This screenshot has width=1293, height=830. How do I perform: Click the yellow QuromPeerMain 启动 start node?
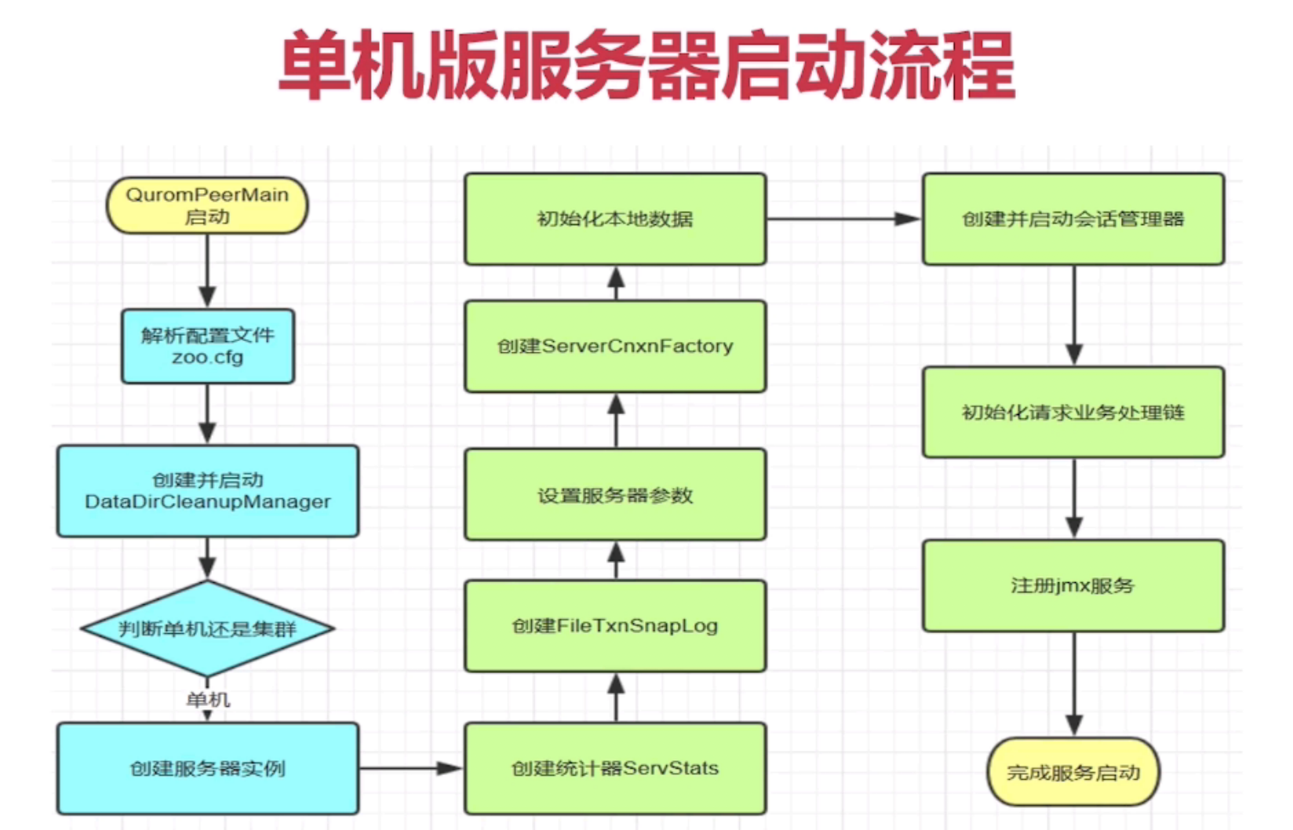pyautogui.click(x=207, y=206)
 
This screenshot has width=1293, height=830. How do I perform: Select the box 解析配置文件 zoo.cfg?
pyautogui.click(x=208, y=346)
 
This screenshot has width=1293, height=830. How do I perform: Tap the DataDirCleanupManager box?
pyautogui.click(x=208, y=491)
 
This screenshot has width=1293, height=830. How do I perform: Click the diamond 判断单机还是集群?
pyautogui.click(x=208, y=628)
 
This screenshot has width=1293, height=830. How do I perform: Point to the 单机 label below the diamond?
pyautogui.click(x=208, y=699)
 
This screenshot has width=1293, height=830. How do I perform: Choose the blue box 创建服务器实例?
pyautogui.click(x=208, y=768)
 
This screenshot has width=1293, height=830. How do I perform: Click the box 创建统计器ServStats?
pyautogui.click(x=615, y=768)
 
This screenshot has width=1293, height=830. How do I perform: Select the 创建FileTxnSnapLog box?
pyautogui.click(x=615, y=625)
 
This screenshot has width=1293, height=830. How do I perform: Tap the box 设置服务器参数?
pyautogui.click(x=615, y=494)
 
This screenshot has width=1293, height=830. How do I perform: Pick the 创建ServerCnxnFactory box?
pyautogui.click(x=615, y=346)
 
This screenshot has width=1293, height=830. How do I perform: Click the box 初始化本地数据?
pyautogui.click(x=615, y=219)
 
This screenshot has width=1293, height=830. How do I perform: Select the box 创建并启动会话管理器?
pyautogui.click(x=1073, y=219)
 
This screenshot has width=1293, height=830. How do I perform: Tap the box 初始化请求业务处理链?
pyautogui.click(x=1073, y=412)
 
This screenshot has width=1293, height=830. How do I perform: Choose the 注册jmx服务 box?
pyautogui.click(x=1073, y=585)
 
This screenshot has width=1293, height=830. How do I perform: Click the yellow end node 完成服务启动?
pyautogui.click(x=1073, y=772)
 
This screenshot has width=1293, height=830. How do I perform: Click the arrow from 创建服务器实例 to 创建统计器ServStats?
pyautogui.click(x=411, y=768)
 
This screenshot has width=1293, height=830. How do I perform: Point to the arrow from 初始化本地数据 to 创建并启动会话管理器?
pyautogui.click(x=843, y=219)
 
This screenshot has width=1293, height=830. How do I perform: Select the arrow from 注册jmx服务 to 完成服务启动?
pyautogui.click(x=1074, y=683)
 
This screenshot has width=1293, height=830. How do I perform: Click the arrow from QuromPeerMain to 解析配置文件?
pyautogui.click(x=207, y=271)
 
